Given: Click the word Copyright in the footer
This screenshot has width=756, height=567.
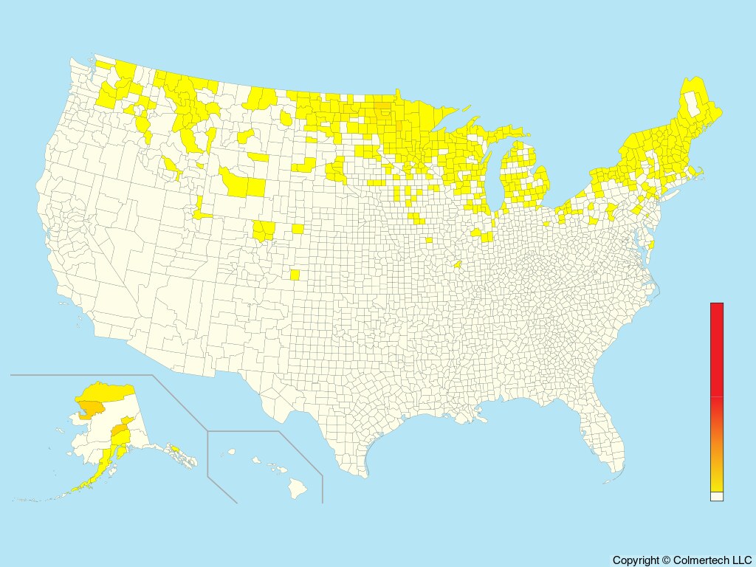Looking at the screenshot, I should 636,560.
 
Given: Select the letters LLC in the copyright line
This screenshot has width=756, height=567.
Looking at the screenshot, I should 740,560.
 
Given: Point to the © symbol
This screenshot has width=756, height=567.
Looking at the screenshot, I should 666,560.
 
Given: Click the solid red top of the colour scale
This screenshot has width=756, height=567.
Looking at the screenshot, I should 717,347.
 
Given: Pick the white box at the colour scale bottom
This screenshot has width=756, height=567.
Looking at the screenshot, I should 717,497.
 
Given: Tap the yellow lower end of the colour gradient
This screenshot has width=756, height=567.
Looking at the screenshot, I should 717,484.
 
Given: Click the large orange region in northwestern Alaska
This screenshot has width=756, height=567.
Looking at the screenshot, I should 92,408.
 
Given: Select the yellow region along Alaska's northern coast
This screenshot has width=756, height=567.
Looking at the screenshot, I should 111,390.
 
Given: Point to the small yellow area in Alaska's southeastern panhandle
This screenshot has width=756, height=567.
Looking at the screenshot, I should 176,448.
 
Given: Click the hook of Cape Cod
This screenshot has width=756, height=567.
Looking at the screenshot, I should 698,173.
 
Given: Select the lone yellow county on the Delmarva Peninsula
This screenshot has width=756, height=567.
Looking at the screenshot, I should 652,244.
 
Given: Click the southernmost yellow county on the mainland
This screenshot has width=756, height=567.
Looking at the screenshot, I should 295,275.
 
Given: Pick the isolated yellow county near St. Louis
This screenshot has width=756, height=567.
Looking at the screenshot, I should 457,264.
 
